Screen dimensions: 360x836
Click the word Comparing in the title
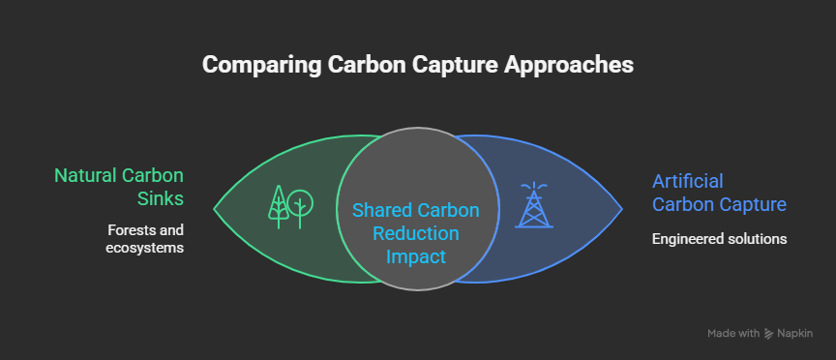click(254, 65)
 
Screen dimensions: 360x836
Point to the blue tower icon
click(534, 205)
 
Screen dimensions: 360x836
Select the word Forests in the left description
click(129, 230)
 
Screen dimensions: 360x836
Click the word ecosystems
click(144, 249)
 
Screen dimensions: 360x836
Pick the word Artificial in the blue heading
click(687, 181)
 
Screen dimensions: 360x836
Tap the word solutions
click(758, 238)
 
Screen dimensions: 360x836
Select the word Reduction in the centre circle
click(418, 234)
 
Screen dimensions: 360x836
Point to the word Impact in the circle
click(418, 257)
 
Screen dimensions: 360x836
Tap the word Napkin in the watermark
click(795, 333)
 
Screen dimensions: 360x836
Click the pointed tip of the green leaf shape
click(215, 208)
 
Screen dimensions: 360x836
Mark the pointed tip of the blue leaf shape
click(622, 208)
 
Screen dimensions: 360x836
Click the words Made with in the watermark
click(733, 333)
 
